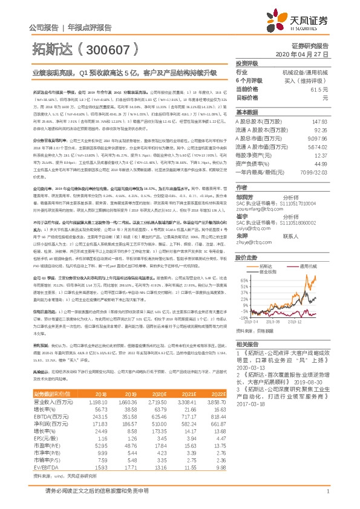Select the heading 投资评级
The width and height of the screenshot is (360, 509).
click(x=247, y=64)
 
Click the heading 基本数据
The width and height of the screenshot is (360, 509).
click(x=247, y=112)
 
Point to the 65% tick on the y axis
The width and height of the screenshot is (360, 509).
click(x=243, y=264)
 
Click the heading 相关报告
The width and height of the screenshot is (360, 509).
click(x=247, y=344)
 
